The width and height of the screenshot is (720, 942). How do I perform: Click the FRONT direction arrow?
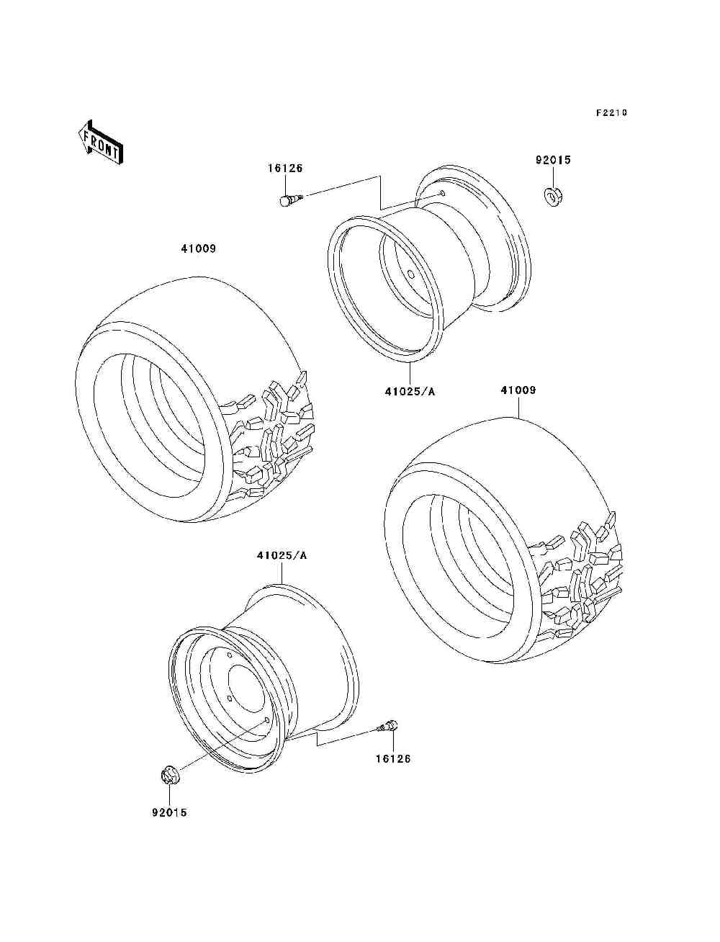[x=100, y=143]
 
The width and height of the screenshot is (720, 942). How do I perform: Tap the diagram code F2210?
[x=611, y=113]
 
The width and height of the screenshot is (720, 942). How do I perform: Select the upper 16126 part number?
[x=286, y=169]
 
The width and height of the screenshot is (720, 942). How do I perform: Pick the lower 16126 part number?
[x=392, y=758]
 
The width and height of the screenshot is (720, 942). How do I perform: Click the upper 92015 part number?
[x=553, y=161]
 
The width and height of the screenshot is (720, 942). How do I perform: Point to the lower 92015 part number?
[x=169, y=812]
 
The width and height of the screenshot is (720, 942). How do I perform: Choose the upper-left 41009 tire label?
[x=199, y=249]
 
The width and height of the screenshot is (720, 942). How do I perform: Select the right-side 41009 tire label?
[x=518, y=390]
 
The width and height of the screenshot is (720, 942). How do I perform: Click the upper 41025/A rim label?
[x=410, y=392]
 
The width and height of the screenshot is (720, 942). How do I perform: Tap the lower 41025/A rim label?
[x=282, y=555]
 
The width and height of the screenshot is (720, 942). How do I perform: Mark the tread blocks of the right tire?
[x=583, y=569]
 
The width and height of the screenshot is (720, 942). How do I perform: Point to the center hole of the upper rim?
[x=410, y=274]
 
